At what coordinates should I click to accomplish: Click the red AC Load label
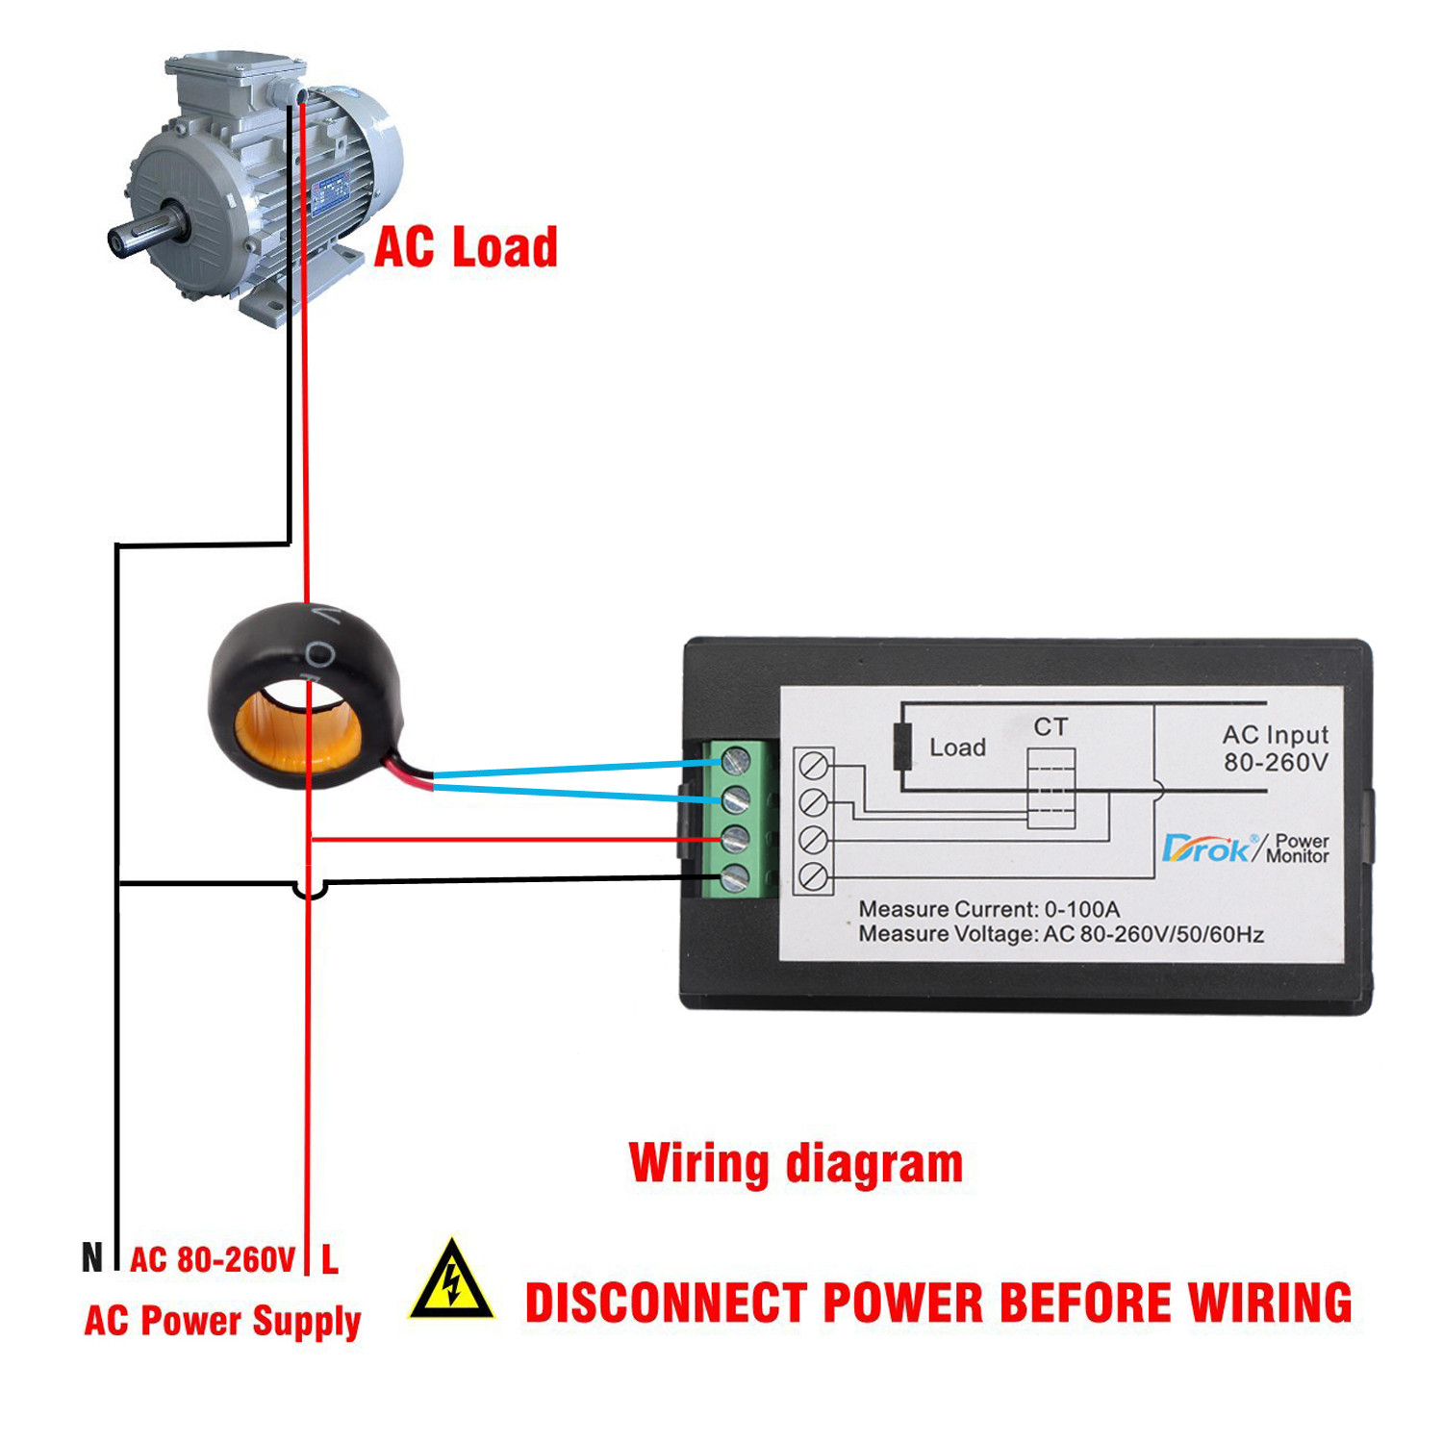pos(466,247)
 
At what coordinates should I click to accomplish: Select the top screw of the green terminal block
pos(735,762)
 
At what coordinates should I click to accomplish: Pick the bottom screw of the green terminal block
pos(735,877)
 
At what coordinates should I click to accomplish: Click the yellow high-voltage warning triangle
pos(451,1282)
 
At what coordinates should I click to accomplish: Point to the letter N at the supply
pos(92,1257)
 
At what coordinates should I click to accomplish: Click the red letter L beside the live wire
pos(330,1258)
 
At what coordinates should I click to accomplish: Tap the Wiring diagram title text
pos(796,1163)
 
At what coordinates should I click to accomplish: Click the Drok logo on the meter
pos(1208,848)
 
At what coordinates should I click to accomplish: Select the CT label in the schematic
pos(1051,726)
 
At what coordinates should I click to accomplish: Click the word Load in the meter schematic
pos(957,747)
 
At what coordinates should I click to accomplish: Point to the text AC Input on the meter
pos(1275,735)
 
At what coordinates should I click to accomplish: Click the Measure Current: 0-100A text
pos(988,909)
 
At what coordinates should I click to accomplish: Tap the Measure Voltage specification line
pos(1060,934)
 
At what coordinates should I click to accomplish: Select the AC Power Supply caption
pos(222,1321)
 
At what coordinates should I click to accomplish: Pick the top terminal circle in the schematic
pos(814,766)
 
